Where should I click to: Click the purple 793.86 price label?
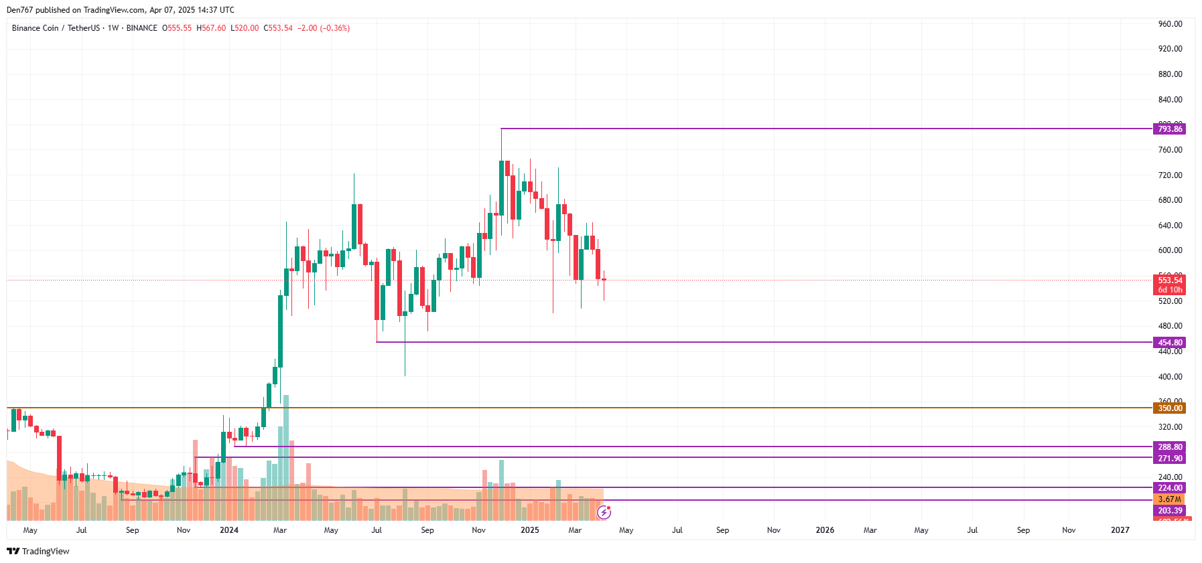1169,129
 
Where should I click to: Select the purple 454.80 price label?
1169,342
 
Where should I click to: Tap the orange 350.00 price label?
1169,408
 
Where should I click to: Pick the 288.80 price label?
1169,447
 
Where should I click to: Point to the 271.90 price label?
1169,458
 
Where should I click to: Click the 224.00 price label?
1169,487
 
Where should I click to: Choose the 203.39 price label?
1169,510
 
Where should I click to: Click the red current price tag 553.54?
1169,280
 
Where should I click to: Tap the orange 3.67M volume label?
1169,499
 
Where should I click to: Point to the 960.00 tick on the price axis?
1170,23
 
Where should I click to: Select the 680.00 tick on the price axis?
1170,199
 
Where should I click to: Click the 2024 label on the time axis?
229,530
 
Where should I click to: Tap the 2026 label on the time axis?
825,530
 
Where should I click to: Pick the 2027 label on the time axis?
1120,530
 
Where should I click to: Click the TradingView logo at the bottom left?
38,551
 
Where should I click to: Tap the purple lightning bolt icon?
604,513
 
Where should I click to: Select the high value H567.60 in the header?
211,28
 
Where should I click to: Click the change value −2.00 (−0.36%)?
324,28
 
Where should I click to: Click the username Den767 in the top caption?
19,10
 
